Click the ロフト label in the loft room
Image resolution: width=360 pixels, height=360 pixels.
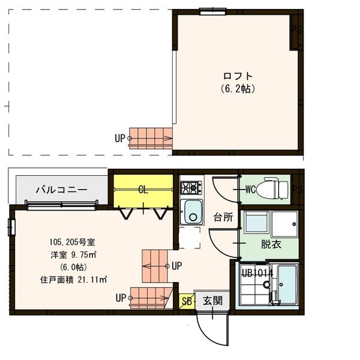(238, 76)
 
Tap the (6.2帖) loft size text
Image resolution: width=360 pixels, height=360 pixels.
(238, 88)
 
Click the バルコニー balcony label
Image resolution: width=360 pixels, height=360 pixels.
(61, 190)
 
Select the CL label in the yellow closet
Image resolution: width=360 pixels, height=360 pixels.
(143, 190)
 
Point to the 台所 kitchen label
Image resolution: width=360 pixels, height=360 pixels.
(223, 217)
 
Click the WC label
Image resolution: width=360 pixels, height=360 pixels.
(252, 190)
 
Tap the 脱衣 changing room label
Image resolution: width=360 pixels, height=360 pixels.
(271, 244)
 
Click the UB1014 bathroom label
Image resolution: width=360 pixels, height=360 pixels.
(257, 273)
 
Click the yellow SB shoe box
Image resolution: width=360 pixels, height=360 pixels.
(186, 301)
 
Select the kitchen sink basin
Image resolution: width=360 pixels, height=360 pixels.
(192, 211)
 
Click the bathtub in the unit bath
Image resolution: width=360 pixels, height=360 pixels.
(287, 285)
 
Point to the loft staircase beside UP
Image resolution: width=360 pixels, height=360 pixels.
(151, 138)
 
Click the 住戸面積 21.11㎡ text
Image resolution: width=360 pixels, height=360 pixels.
(73, 279)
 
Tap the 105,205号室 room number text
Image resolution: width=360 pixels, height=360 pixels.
(71, 242)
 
